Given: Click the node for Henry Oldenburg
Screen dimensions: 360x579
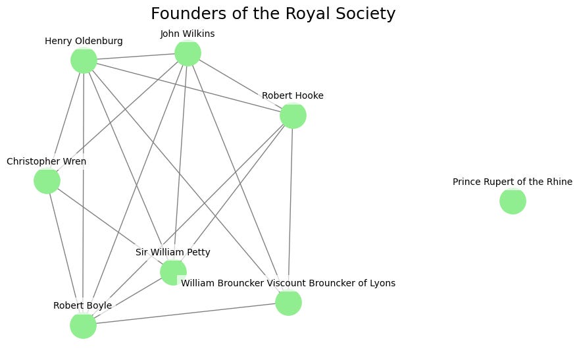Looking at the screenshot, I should [84, 61].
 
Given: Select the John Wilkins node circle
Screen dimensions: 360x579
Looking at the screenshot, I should [188, 53].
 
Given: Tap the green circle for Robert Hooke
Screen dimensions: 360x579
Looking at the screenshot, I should [293, 116].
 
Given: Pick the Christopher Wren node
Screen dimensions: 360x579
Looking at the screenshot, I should [47, 180].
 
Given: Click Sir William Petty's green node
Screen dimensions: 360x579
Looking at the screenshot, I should [173, 272].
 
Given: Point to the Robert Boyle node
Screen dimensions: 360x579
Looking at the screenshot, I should [83, 325].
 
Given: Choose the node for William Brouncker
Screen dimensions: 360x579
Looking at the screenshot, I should [288, 303].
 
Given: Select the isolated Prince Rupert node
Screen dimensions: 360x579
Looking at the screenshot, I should [513, 201].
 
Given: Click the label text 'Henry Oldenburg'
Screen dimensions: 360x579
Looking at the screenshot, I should [84, 41].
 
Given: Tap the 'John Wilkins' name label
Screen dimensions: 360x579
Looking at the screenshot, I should [188, 34].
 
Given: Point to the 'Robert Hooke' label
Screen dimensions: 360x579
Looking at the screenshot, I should [293, 96].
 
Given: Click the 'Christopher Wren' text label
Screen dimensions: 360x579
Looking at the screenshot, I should [47, 161].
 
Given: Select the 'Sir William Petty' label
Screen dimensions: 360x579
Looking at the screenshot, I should [173, 253].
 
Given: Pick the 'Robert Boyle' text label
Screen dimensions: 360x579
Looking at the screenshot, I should [83, 305].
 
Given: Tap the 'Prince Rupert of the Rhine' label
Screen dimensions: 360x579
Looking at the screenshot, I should [513, 182].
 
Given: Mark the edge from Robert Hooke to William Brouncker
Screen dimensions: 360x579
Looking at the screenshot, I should [290, 209].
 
